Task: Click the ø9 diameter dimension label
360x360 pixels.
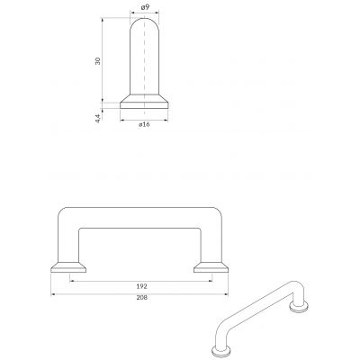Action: tap(145, 8)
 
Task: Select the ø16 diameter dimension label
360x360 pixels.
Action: tap(144, 124)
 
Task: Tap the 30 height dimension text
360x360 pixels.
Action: tap(97, 60)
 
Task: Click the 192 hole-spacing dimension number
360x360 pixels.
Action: tap(141, 286)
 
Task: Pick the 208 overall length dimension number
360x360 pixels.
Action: tap(141, 298)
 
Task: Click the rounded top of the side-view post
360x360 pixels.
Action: tap(144, 24)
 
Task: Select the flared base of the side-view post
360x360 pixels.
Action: tap(144, 102)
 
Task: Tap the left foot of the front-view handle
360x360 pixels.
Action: tap(68, 267)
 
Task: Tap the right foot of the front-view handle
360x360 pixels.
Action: tap(211, 267)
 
